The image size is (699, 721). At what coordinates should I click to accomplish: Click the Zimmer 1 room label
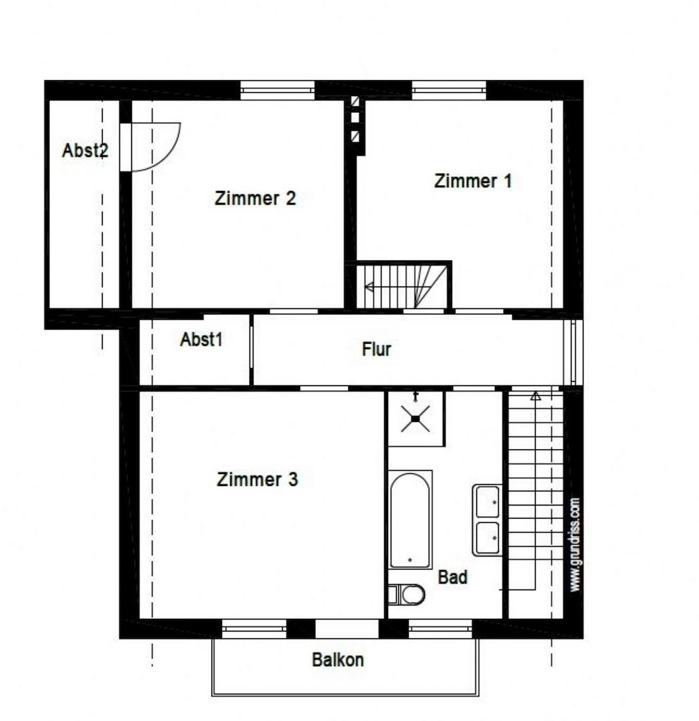pos(473,181)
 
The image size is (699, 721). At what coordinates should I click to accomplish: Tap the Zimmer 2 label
pos(255,198)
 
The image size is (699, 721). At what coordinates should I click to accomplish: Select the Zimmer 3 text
pos(257,479)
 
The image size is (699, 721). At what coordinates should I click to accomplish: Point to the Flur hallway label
pos(376,349)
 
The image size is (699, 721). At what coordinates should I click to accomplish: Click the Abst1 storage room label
pos(201,339)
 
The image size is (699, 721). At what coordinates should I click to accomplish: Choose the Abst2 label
pos(85,150)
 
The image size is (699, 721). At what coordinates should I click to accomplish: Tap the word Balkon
pos(337,660)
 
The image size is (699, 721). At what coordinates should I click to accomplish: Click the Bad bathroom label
pos(452,577)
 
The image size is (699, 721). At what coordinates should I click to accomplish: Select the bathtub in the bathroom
pos(410,519)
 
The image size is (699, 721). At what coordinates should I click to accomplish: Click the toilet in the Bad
pos(406,595)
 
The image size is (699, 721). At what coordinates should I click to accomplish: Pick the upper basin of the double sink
pos(488,501)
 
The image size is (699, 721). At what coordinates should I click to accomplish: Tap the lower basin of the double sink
pos(488,537)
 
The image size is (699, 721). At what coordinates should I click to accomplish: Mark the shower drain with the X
pos(416,419)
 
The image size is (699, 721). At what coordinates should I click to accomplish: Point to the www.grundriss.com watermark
pos(574,545)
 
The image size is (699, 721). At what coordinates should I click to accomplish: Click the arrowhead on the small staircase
pos(369,287)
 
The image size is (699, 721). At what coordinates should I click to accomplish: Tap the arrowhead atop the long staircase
pos(536,395)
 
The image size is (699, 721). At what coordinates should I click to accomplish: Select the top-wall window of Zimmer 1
pos(449,90)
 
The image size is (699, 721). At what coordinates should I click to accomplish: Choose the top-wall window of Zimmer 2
pos(277,90)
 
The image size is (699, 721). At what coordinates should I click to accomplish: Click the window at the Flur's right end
pos(573,352)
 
